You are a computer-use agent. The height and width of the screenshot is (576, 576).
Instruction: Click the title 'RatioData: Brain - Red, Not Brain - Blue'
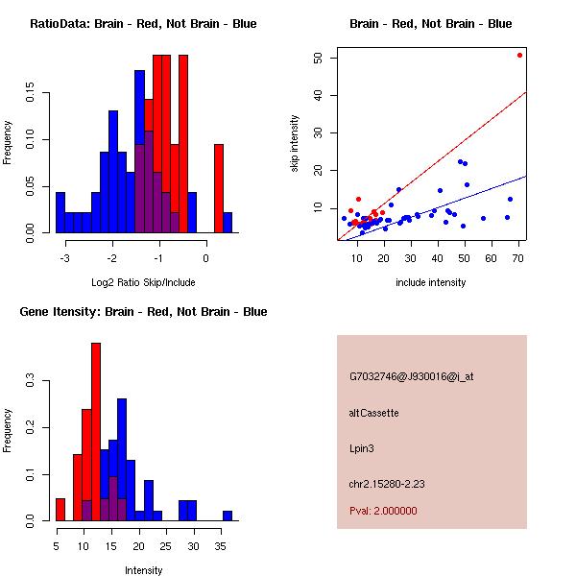(143, 24)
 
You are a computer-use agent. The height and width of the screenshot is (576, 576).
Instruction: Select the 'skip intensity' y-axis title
(295, 144)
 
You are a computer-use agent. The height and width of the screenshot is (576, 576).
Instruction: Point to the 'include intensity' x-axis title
(431, 282)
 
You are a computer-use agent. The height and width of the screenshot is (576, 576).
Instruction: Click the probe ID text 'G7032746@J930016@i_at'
(411, 376)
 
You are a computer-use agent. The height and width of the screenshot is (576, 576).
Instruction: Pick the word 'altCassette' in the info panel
(373, 413)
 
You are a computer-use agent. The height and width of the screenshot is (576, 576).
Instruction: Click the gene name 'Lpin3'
(363, 447)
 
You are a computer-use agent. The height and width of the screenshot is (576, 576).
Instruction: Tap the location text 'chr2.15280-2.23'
(387, 483)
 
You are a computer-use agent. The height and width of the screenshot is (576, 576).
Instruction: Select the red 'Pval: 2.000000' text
(383, 511)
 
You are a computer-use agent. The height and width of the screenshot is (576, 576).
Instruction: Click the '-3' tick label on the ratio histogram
(63, 257)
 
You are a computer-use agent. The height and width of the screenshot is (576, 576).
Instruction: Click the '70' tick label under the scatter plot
(518, 257)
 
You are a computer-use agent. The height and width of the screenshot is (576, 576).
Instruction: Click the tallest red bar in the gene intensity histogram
(96, 432)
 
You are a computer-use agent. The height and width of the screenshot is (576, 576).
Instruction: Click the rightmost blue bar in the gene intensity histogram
(228, 516)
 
